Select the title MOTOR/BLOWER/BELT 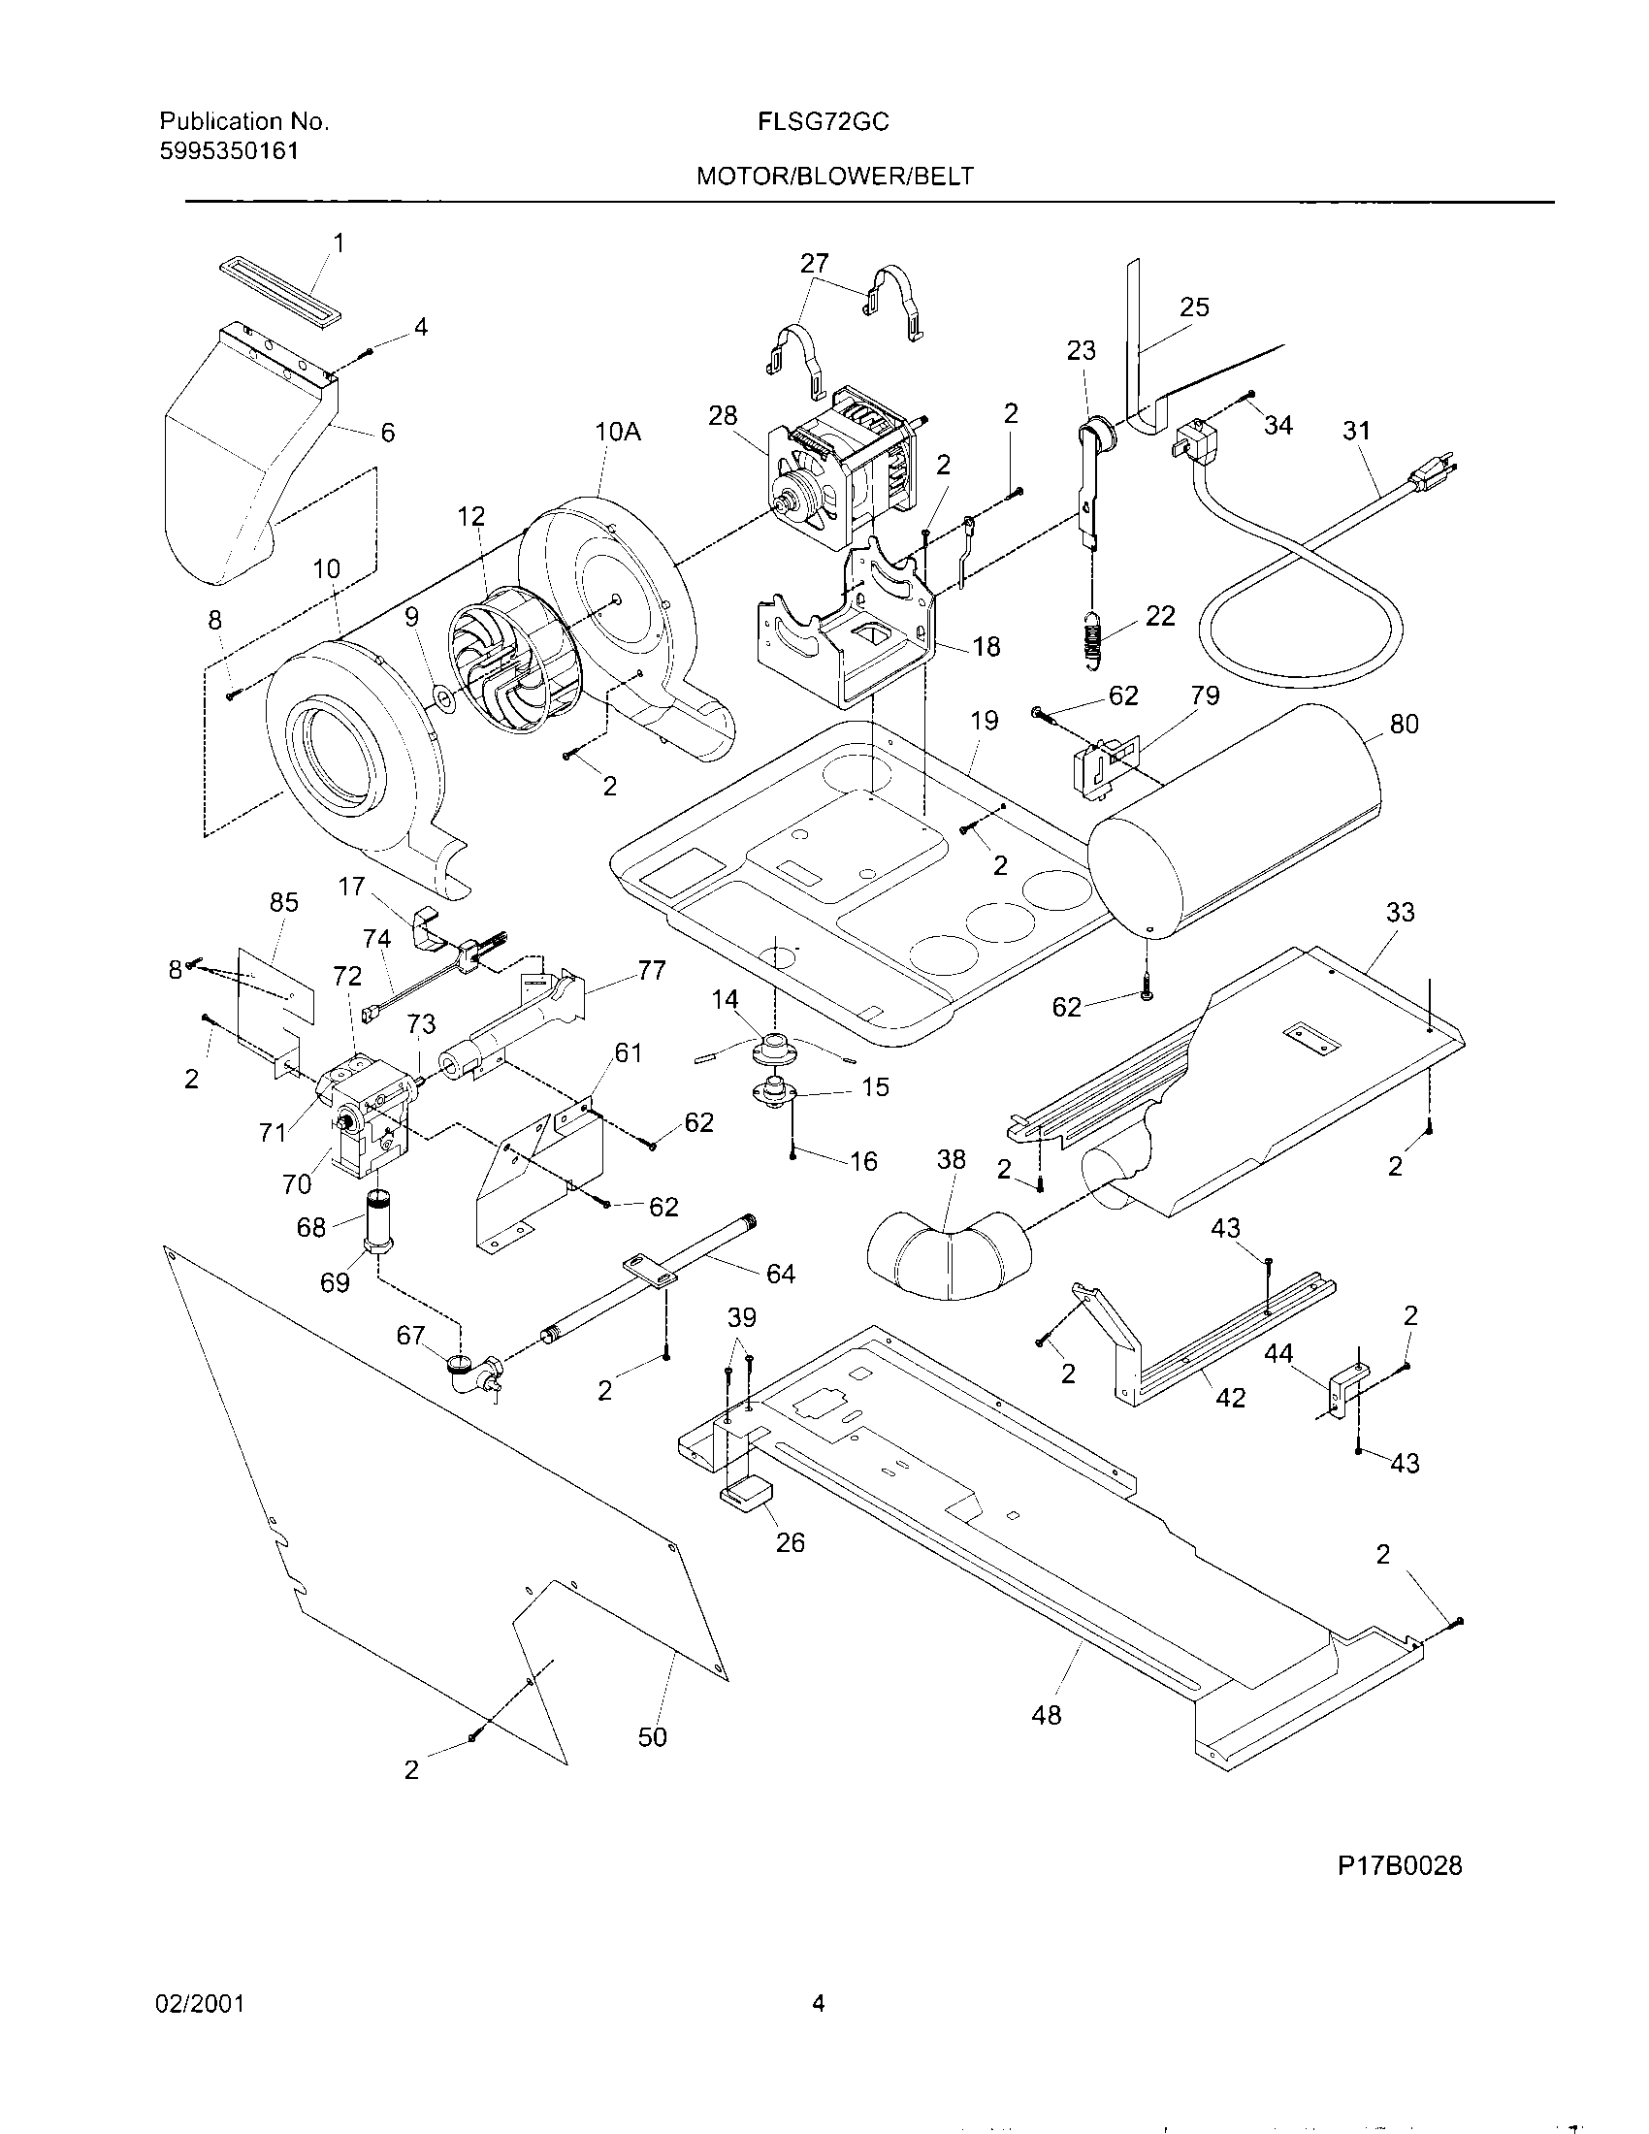[834, 176]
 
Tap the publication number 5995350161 [229, 150]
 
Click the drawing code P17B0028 [1399, 1865]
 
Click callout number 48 [1046, 1715]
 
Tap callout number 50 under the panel [652, 1736]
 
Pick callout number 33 [1400, 912]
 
